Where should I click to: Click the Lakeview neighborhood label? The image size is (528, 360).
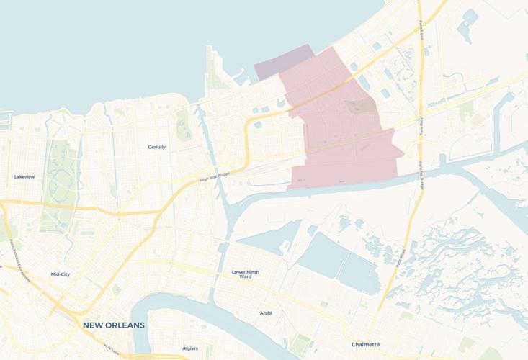click(x=24, y=176)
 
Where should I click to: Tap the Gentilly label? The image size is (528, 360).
click(x=157, y=147)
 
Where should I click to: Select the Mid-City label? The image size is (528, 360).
click(x=61, y=274)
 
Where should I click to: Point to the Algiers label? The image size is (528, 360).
click(x=190, y=348)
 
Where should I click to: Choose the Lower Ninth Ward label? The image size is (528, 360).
click(x=246, y=274)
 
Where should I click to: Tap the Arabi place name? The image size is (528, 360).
click(x=267, y=313)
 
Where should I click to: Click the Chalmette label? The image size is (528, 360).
click(x=365, y=345)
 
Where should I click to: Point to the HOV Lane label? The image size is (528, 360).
click(x=110, y=348)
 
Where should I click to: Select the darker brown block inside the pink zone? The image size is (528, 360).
click(x=360, y=107)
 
